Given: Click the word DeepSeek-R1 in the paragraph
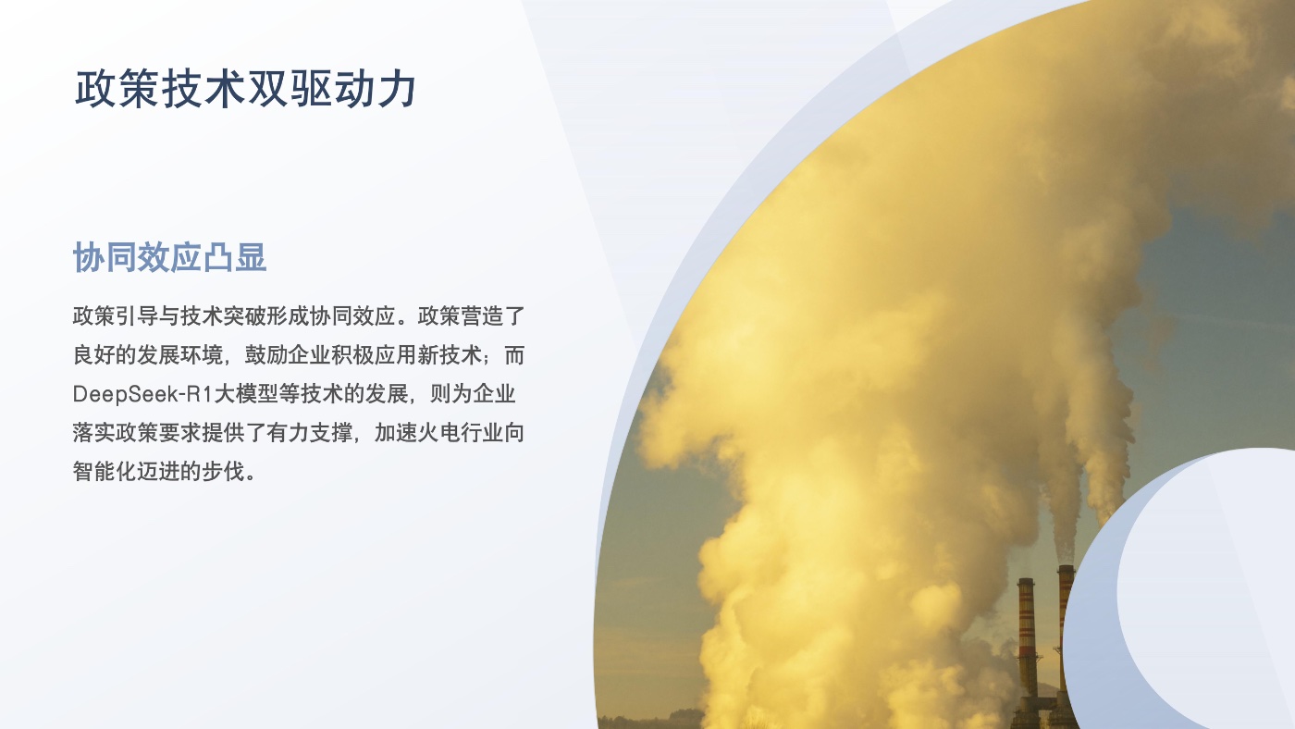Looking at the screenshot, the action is (142, 394).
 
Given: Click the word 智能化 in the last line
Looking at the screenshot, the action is (105, 472).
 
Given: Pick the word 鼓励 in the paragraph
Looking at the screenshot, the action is (266, 355).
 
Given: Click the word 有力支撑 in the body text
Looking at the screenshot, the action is (309, 433).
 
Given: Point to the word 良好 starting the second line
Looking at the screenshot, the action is (93, 355).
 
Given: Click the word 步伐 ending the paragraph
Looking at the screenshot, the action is (224, 472).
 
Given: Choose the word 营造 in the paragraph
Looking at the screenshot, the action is (481, 316).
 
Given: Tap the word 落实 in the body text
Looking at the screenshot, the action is (93, 433).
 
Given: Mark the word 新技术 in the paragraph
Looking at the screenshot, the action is (450, 355).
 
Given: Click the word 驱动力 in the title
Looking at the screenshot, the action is (353, 89).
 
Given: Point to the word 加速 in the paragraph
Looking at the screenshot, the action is (396, 433).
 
